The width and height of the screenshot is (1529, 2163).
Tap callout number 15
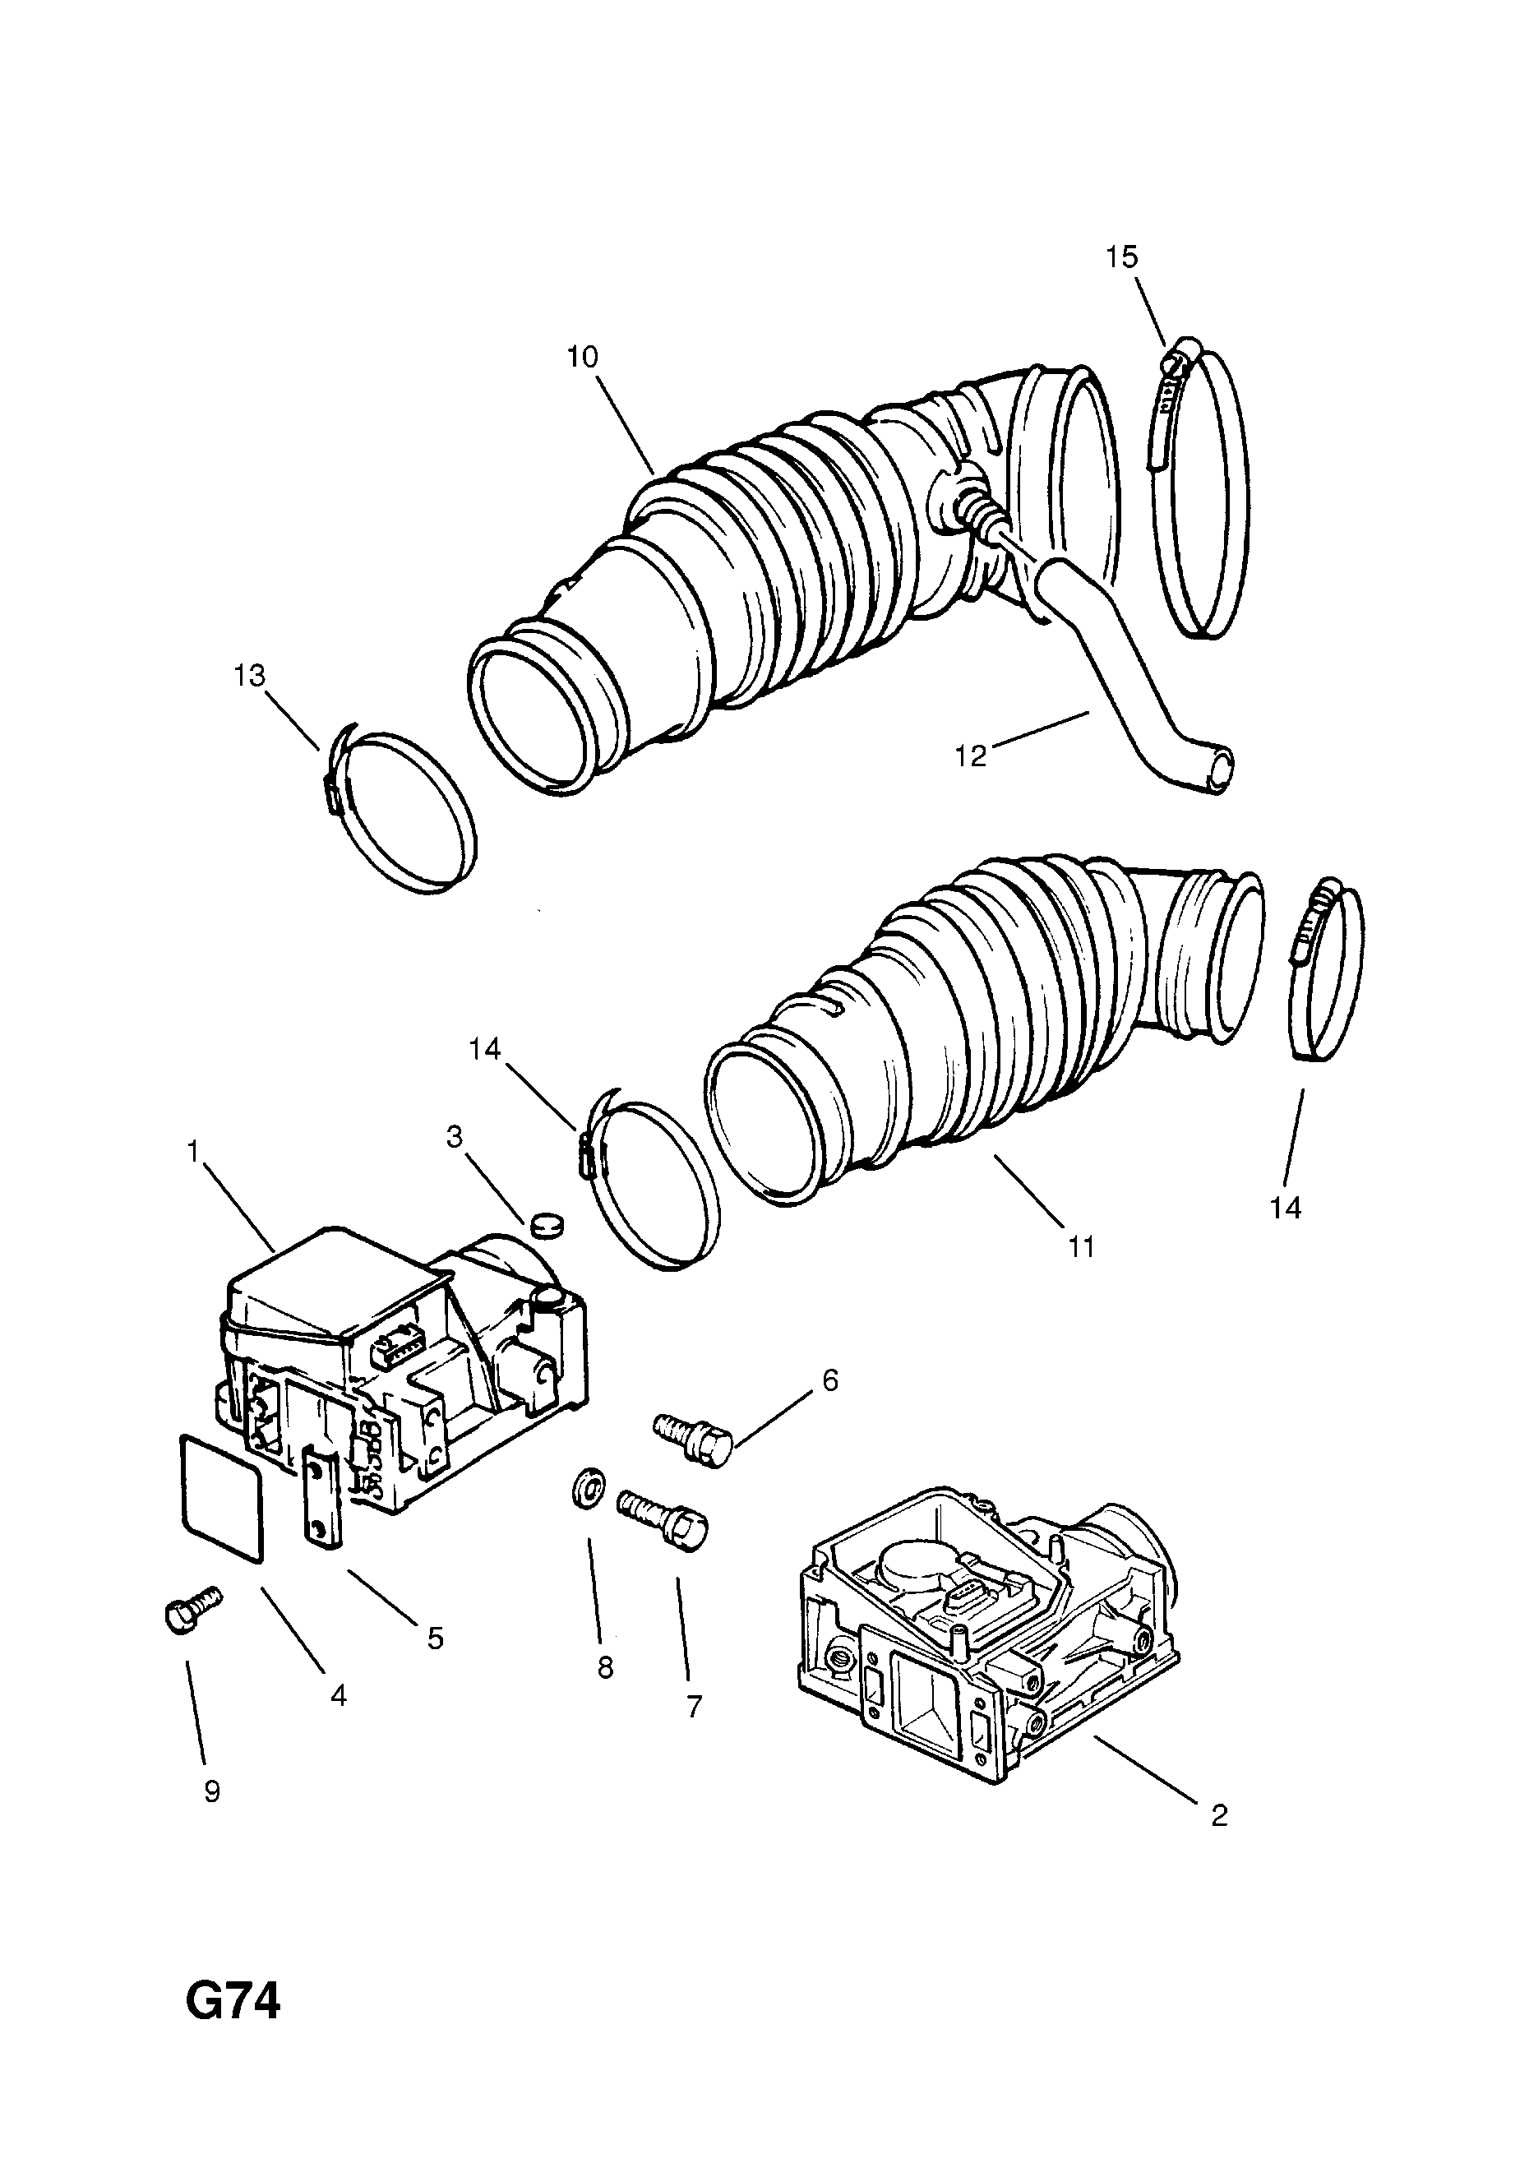[x=1121, y=257]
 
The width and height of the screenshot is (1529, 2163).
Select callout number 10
[x=582, y=357]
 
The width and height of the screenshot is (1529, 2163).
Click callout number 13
[x=250, y=676]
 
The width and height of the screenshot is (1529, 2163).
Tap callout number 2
[x=1218, y=1815]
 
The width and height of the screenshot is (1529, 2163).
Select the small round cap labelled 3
[x=546, y=1224]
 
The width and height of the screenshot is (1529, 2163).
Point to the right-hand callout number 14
[x=1285, y=1207]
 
